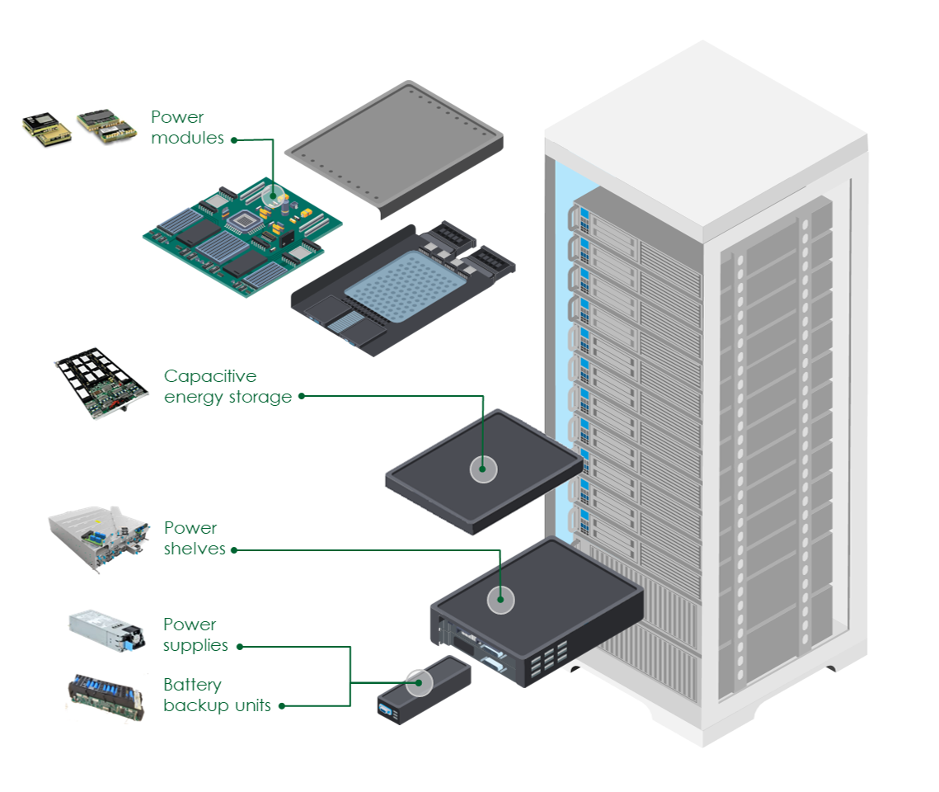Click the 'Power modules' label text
(x=187, y=128)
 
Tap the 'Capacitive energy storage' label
(x=228, y=387)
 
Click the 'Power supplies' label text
(x=195, y=634)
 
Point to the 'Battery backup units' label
(x=216, y=695)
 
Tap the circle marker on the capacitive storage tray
(x=483, y=469)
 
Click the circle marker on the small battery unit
(x=419, y=682)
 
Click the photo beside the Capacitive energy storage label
(x=101, y=384)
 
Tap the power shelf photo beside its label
(x=99, y=539)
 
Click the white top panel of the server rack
(x=705, y=132)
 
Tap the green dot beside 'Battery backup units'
(x=282, y=705)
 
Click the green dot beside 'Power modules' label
(x=234, y=139)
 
